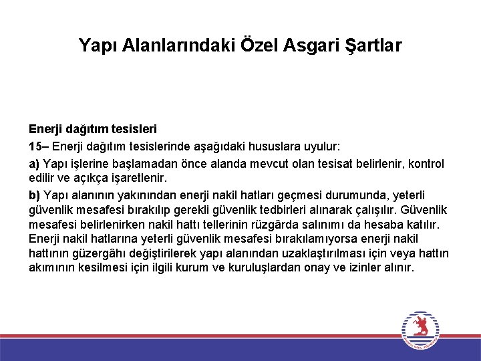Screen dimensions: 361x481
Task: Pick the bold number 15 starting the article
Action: (x=35, y=146)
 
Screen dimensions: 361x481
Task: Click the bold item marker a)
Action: (x=34, y=164)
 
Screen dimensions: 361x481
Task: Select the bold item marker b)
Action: (x=34, y=195)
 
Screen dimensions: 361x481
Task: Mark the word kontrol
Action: (x=427, y=164)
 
